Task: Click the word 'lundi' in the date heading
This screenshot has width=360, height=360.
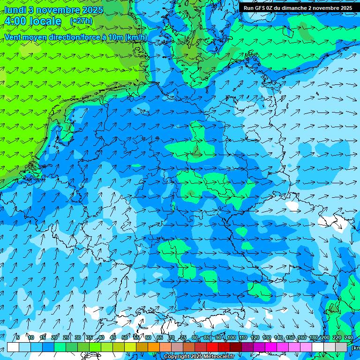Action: (15, 10)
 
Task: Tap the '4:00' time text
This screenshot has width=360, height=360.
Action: (15, 21)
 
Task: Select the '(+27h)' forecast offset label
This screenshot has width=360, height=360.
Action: (81, 21)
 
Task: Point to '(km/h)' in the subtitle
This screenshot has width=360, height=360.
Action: (135, 37)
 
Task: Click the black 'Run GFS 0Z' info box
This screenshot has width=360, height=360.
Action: (298, 7)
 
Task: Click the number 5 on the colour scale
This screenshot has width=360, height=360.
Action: (18, 337)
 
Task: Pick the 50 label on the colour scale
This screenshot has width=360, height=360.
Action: (125, 337)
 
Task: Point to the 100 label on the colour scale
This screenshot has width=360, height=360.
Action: (231, 337)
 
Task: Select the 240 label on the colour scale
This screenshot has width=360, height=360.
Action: (349, 337)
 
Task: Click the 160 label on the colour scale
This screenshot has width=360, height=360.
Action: (301, 337)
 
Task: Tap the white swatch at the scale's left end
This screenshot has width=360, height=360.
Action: (13, 347)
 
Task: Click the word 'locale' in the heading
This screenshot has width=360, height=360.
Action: (45, 21)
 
